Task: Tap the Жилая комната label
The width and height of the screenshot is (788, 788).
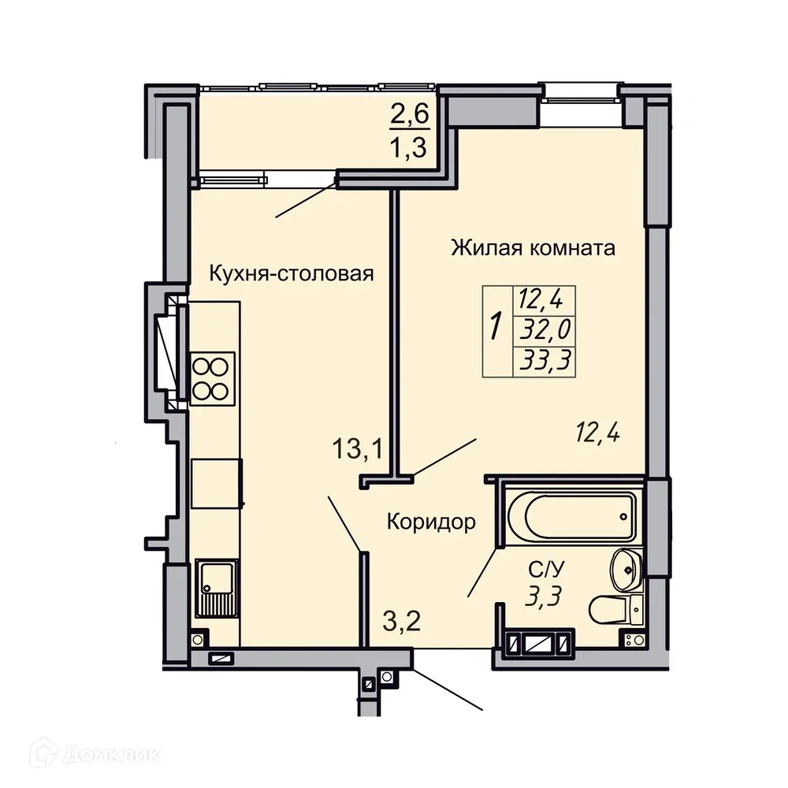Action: click(533, 248)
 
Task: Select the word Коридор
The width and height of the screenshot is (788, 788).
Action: click(430, 521)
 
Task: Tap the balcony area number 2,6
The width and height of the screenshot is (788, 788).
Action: click(410, 115)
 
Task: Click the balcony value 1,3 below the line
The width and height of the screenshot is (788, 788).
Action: click(410, 147)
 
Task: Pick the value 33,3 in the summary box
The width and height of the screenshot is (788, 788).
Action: click(545, 360)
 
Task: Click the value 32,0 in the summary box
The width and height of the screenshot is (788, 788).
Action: click(545, 329)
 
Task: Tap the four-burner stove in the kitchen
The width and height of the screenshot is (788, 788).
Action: click(213, 377)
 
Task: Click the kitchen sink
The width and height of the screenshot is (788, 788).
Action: click(215, 587)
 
